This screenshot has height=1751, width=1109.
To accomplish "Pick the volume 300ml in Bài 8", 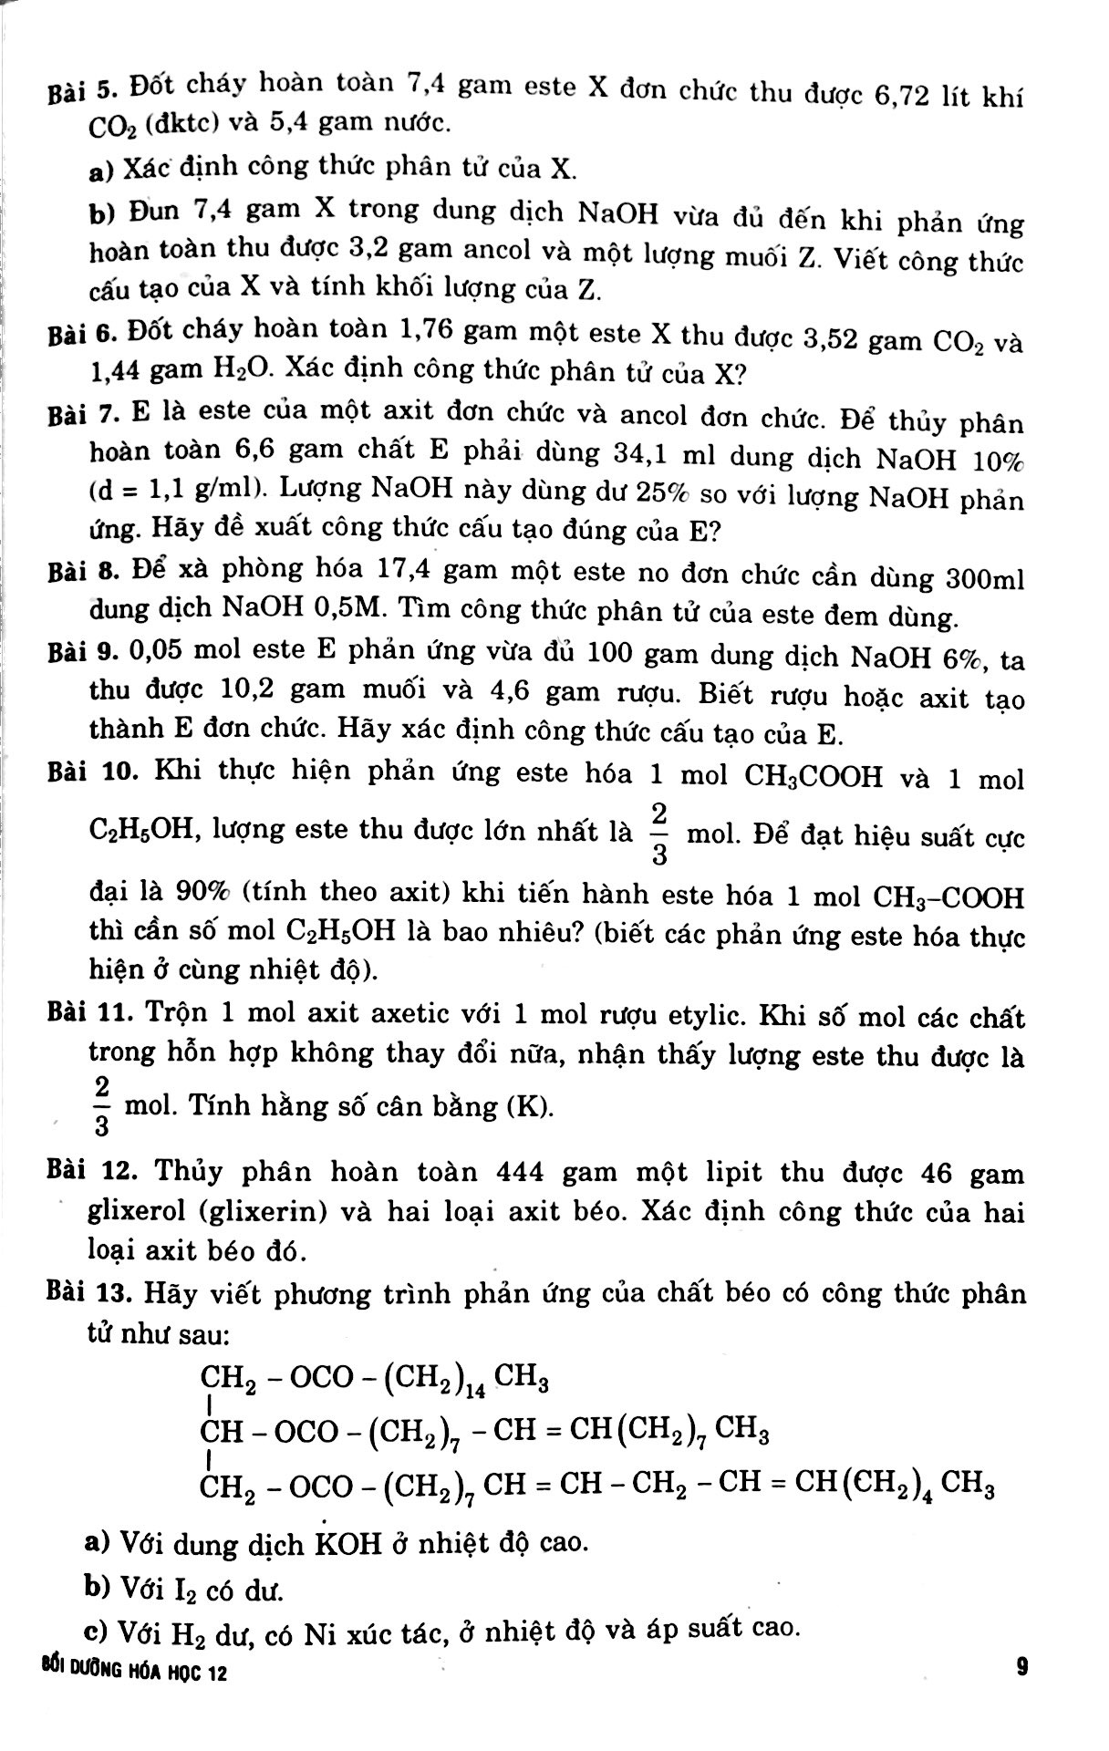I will tap(985, 578).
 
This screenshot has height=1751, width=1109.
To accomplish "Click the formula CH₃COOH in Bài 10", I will tap(814, 777).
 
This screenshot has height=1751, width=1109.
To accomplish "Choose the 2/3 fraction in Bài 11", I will tap(101, 1104).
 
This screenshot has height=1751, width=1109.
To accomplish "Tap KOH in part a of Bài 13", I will tap(347, 1544).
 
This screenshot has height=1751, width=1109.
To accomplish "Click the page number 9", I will tap(1021, 1666).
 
